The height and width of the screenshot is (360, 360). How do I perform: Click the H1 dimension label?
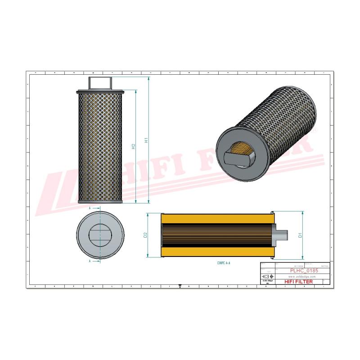(x=145, y=140)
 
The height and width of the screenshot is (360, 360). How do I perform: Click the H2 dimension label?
(x=133, y=147)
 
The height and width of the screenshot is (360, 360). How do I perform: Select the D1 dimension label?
(x=299, y=234)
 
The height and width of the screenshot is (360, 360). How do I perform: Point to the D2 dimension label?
(x=145, y=235)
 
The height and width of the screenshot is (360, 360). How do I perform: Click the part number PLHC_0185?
(x=302, y=271)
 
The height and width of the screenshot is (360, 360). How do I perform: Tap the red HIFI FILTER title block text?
(x=299, y=281)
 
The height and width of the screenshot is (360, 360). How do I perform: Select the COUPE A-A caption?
(x=224, y=262)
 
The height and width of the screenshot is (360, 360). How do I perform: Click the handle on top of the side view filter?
(x=100, y=83)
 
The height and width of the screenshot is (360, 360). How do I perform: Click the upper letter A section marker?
(x=90, y=209)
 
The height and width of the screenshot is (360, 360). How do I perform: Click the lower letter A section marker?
(x=90, y=261)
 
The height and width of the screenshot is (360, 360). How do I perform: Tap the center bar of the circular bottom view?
(x=99, y=234)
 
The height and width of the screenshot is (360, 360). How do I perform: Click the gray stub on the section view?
(x=281, y=235)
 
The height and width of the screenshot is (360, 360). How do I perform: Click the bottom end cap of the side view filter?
(x=100, y=201)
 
